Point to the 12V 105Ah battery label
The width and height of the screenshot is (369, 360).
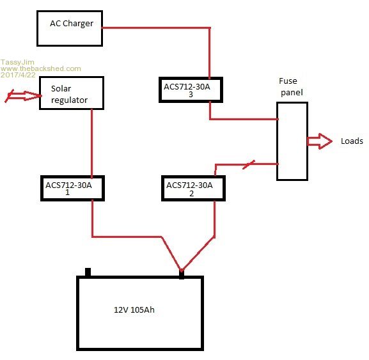pos(134,310)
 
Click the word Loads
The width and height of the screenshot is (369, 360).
pos(352,141)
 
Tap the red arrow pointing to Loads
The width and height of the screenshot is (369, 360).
pos(320,141)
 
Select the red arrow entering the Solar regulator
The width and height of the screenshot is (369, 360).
pos(23,96)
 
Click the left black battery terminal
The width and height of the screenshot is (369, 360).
pos(88,272)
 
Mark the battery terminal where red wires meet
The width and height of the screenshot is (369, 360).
pos(182,274)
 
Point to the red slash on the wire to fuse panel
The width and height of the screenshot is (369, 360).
pos(249,164)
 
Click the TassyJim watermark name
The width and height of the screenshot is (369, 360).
pos(17,62)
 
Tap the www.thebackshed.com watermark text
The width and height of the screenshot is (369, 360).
pos(41,68)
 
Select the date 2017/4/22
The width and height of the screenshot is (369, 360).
pos(18,75)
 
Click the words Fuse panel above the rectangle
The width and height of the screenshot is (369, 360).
pos(291,86)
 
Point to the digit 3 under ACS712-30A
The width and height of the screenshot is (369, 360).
pos(191,95)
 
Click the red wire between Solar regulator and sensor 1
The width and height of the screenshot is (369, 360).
pos(92,143)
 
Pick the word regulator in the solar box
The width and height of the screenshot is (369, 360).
pos(69,100)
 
